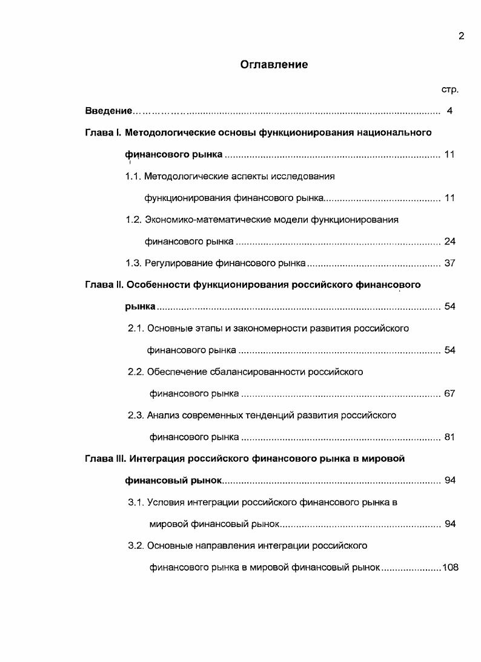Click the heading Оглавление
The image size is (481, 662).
point(274,64)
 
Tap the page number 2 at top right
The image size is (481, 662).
point(461,36)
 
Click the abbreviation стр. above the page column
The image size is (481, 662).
point(449,90)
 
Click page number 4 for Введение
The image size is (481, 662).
point(449,111)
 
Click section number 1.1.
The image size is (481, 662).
point(133,176)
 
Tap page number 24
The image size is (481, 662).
point(449,241)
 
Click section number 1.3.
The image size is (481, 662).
point(133,263)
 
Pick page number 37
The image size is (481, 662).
point(449,263)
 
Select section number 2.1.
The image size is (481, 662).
point(136,329)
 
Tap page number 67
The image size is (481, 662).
point(449,394)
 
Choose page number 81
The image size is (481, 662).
point(449,438)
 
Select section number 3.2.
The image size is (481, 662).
point(136,546)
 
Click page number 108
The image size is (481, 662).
point(451,568)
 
